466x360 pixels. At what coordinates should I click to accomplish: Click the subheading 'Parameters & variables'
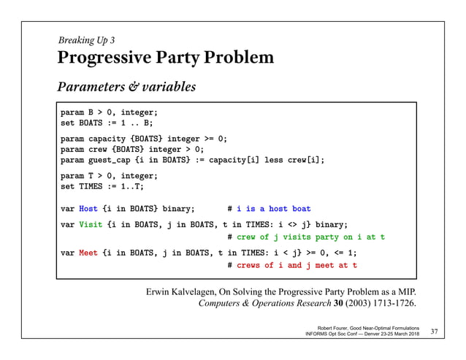point(127,88)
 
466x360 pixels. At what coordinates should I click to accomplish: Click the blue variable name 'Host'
point(88,208)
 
